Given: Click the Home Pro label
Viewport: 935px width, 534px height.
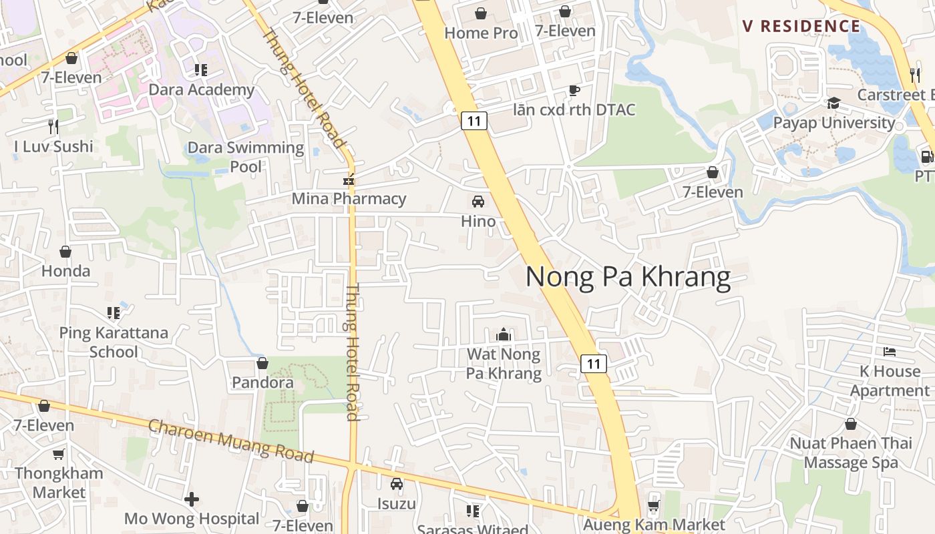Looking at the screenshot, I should pyautogui.click(x=481, y=33).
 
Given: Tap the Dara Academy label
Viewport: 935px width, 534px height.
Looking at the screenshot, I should pyautogui.click(x=201, y=89).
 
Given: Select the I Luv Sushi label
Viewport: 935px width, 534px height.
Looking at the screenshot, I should pyautogui.click(x=54, y=146).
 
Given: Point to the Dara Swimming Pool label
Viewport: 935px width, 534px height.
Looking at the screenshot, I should pyautogui.click(x=246, y=157).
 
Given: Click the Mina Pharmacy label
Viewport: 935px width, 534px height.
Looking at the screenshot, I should pyautogui.click(x=349, y=198).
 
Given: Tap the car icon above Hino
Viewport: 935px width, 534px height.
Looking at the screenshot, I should pyautogui.click(x=478, y=202).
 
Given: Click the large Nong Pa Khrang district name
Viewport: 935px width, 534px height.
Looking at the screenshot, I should pyautogui.click(x=628, y=276).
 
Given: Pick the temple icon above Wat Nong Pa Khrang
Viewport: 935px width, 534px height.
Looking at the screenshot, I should pyautogui.click(x=504, y=334).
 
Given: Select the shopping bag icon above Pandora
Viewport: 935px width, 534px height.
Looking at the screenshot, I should pyautogui.click(x=262, y=363).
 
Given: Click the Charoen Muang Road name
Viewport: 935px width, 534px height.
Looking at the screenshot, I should pyautogui.click(x=230, y=441).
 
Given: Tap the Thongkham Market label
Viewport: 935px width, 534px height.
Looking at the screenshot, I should pyautogui.click(x=59, y=483).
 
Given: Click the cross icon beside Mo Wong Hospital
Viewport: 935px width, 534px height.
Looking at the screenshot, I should pyautogui.click(x=192, y=499).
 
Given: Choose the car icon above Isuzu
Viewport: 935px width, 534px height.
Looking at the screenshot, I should pyautogui.click(x=397, y=484).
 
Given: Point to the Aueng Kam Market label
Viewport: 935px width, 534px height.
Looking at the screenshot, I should pyautogui.click(x=654, y=525).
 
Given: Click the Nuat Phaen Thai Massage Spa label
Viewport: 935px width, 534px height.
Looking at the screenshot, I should pyautogui.click(x=851, y=453).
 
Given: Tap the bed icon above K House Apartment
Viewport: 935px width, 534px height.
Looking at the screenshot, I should pyautogui.click(x=890, y=352).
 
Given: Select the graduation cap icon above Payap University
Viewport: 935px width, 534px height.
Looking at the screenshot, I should pyautogui.click(x=833, y=103).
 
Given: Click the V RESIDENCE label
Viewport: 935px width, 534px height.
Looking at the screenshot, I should pyautogui.click(x=801, y=26).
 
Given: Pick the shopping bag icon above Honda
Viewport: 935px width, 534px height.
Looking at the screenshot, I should pyautogui.click(x=65, y=252).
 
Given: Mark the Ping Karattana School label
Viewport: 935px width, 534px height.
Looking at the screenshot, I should pyautogui.click(x=114, y=342).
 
